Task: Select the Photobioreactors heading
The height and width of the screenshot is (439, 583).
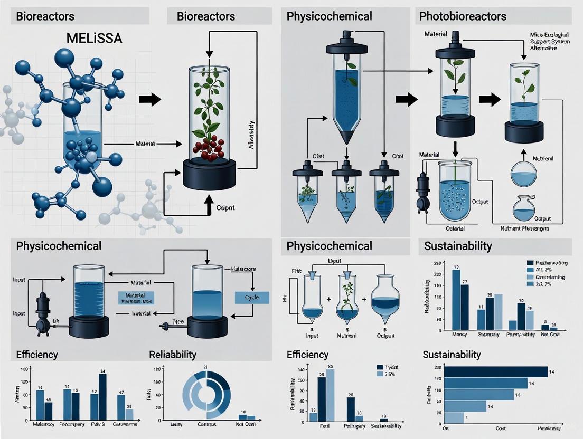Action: point(463,16)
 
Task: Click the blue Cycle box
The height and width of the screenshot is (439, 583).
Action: point(251,297)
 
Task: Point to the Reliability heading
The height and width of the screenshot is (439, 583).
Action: point(173,355)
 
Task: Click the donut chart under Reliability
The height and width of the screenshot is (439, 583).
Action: point(206,393)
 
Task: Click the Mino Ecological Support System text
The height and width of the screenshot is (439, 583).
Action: point(551,41)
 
